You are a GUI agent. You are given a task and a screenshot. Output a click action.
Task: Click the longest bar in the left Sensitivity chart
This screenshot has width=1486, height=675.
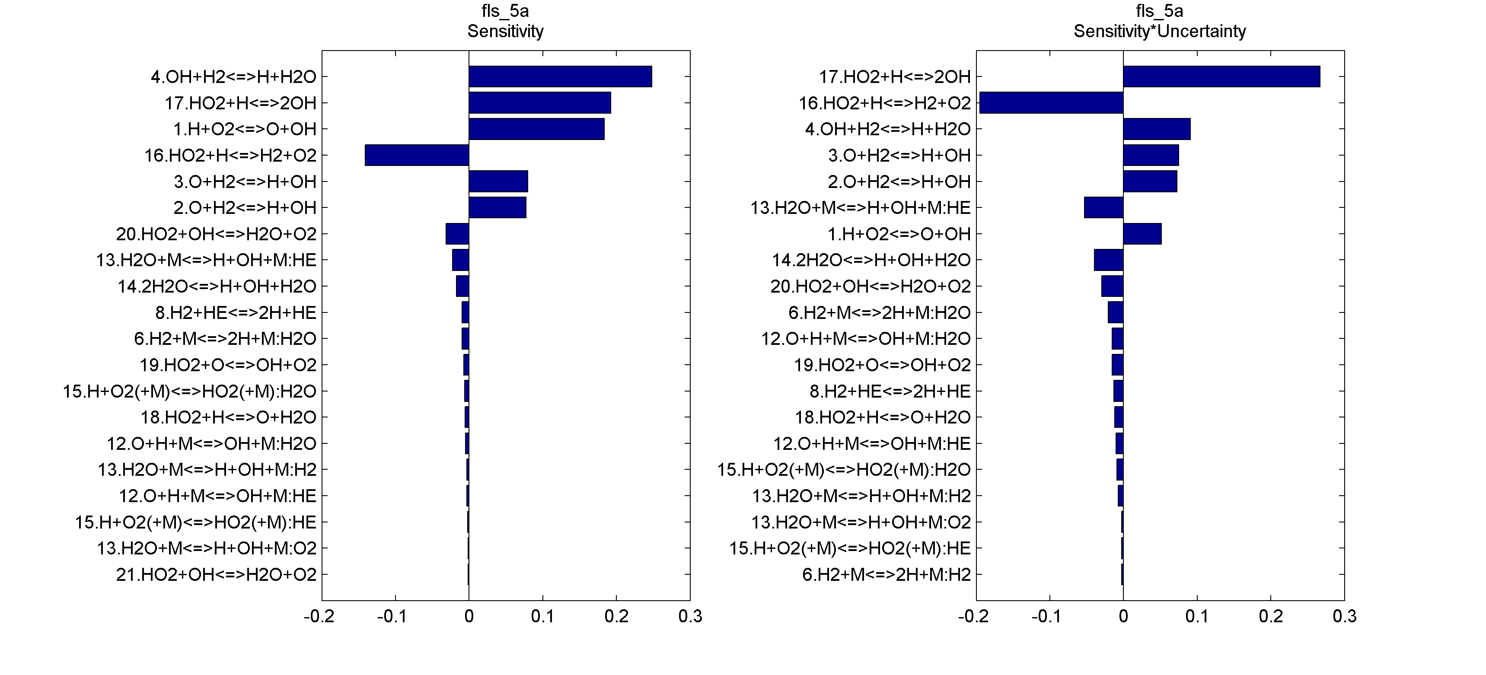tap(560, 77)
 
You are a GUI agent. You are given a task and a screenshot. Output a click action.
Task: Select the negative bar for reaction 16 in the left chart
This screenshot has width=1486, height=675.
tap(417, 155)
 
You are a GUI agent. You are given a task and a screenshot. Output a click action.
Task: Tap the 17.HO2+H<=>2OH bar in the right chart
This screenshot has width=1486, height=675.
tap(1221, 77)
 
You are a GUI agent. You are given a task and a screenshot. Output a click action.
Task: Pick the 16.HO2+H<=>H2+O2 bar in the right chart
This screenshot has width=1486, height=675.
tap(1051, 103)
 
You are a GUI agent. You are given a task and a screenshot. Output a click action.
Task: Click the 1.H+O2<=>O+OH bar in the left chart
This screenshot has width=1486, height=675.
tap(536, 129)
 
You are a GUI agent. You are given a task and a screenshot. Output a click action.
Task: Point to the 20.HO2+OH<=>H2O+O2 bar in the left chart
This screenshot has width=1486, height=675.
tap(457, 234)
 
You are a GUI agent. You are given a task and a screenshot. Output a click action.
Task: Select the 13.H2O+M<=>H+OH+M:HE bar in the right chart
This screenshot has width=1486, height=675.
tap(1103, 208)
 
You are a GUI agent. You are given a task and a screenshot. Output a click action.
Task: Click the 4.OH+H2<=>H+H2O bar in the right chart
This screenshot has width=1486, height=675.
tap(1157, 129)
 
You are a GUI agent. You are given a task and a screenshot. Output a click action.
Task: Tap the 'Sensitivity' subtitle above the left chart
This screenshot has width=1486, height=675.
tap(505, 31)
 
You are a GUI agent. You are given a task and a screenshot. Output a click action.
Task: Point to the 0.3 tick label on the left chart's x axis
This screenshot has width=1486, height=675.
tap(690, 617)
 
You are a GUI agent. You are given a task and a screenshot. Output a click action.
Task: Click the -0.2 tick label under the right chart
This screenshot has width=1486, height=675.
tap(973, 617)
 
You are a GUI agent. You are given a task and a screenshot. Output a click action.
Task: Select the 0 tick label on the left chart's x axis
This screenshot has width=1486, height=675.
tap(469, 617)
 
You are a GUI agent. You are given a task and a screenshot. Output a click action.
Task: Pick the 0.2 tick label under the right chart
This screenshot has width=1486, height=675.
tap(1271, 617)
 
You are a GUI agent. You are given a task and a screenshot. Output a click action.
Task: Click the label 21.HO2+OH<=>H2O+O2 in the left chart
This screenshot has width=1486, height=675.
tap(216, 575)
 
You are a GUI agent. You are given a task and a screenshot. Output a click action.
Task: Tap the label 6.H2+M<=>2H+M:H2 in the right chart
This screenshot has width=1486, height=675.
tap(886, 575)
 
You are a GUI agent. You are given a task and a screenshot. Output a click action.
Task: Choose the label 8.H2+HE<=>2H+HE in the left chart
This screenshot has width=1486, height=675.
tap(236, 313)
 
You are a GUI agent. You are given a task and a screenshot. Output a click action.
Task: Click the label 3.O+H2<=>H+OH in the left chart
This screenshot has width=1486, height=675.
tap(245, 182)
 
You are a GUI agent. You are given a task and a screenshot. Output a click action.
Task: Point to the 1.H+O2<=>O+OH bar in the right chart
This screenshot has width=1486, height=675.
tap(1142, 234)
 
